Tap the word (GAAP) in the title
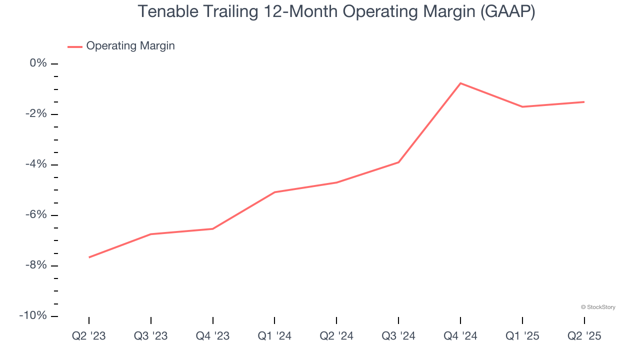[507, 11]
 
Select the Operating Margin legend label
[130, 46]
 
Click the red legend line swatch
[75, 46]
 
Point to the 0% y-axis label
[38, 63]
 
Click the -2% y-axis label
[35, 114]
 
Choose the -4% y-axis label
[35, 164]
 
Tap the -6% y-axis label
[35, 215]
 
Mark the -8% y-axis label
[35, 265]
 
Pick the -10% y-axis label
[33, 316]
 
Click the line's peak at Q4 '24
[460, 83]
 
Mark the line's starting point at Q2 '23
[89, 257]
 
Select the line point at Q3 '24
[398, 162]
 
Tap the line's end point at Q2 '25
[584, 102]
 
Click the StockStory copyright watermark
[598, 307]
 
